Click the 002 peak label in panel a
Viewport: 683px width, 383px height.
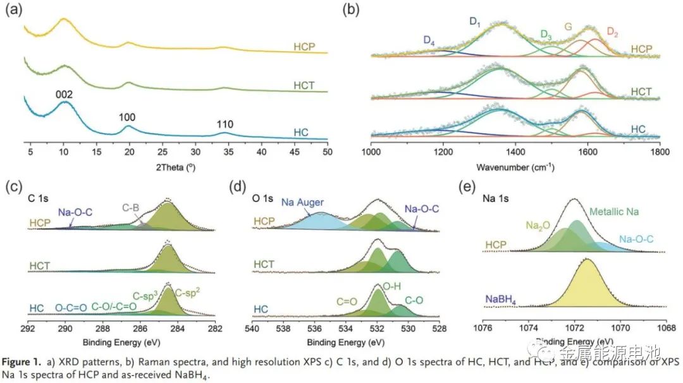(x=64, y=95)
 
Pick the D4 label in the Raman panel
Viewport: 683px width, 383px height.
(x=429, y=41)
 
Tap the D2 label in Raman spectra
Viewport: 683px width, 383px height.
(x=613, y=31)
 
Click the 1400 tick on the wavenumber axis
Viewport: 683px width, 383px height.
(x=515, y=152)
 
